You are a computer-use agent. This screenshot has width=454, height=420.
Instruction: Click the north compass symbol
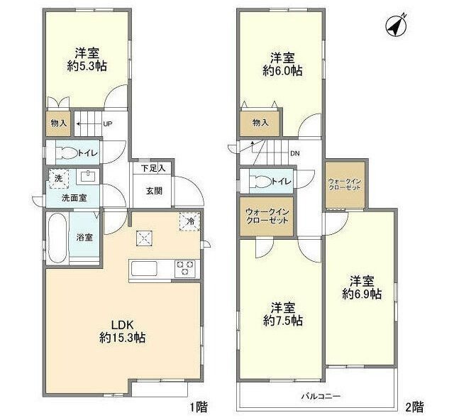click(x=395, y=26)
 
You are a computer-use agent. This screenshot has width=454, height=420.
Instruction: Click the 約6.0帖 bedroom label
click(x=282, y=64)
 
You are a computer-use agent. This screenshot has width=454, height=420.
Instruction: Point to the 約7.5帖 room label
click(x=282, y=314)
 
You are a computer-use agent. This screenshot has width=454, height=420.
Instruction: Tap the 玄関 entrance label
click(x=154, y=190)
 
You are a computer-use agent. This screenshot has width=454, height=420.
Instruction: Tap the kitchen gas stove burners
click(x=185, y=268)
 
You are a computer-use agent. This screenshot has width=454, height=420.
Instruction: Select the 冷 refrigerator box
click(x=190, y=221)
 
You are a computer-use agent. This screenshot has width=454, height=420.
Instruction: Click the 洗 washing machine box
click(x=58, y=178)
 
